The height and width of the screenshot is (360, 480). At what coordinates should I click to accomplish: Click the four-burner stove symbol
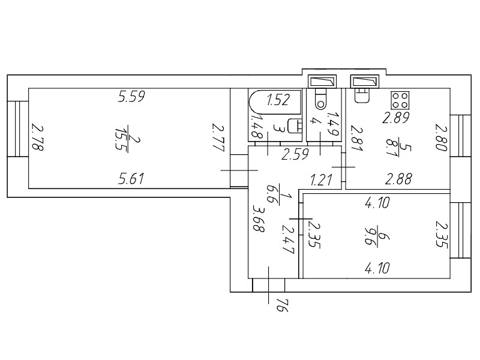click(x=400, y=100)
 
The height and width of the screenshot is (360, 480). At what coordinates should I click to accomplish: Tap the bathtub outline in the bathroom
click(x=275, y=91)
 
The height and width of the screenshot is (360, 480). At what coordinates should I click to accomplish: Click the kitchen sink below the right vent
click(x=362, y=95)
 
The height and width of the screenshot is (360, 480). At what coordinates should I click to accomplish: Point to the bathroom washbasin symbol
click(x=295, y=126)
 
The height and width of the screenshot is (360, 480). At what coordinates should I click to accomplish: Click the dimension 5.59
click(x=131, y=97)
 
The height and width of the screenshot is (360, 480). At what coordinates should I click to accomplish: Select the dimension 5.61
click(x=131, y=179)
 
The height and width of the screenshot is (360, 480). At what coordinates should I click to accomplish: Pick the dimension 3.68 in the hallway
click(x=259, y=218)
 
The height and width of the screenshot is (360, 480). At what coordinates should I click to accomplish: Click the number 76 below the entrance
click(x=282, y=305)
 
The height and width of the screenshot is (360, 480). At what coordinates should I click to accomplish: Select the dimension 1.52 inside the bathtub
click(x=278, y=100)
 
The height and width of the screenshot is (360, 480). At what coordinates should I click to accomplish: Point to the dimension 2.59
click(x=295, y=154)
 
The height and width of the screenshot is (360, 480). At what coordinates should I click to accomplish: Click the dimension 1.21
click(x=321, y=179)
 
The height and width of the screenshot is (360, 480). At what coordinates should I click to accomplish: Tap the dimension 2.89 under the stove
click(x=396, y=118)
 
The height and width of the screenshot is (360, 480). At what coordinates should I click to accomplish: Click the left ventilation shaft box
click(x=322, y=82)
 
